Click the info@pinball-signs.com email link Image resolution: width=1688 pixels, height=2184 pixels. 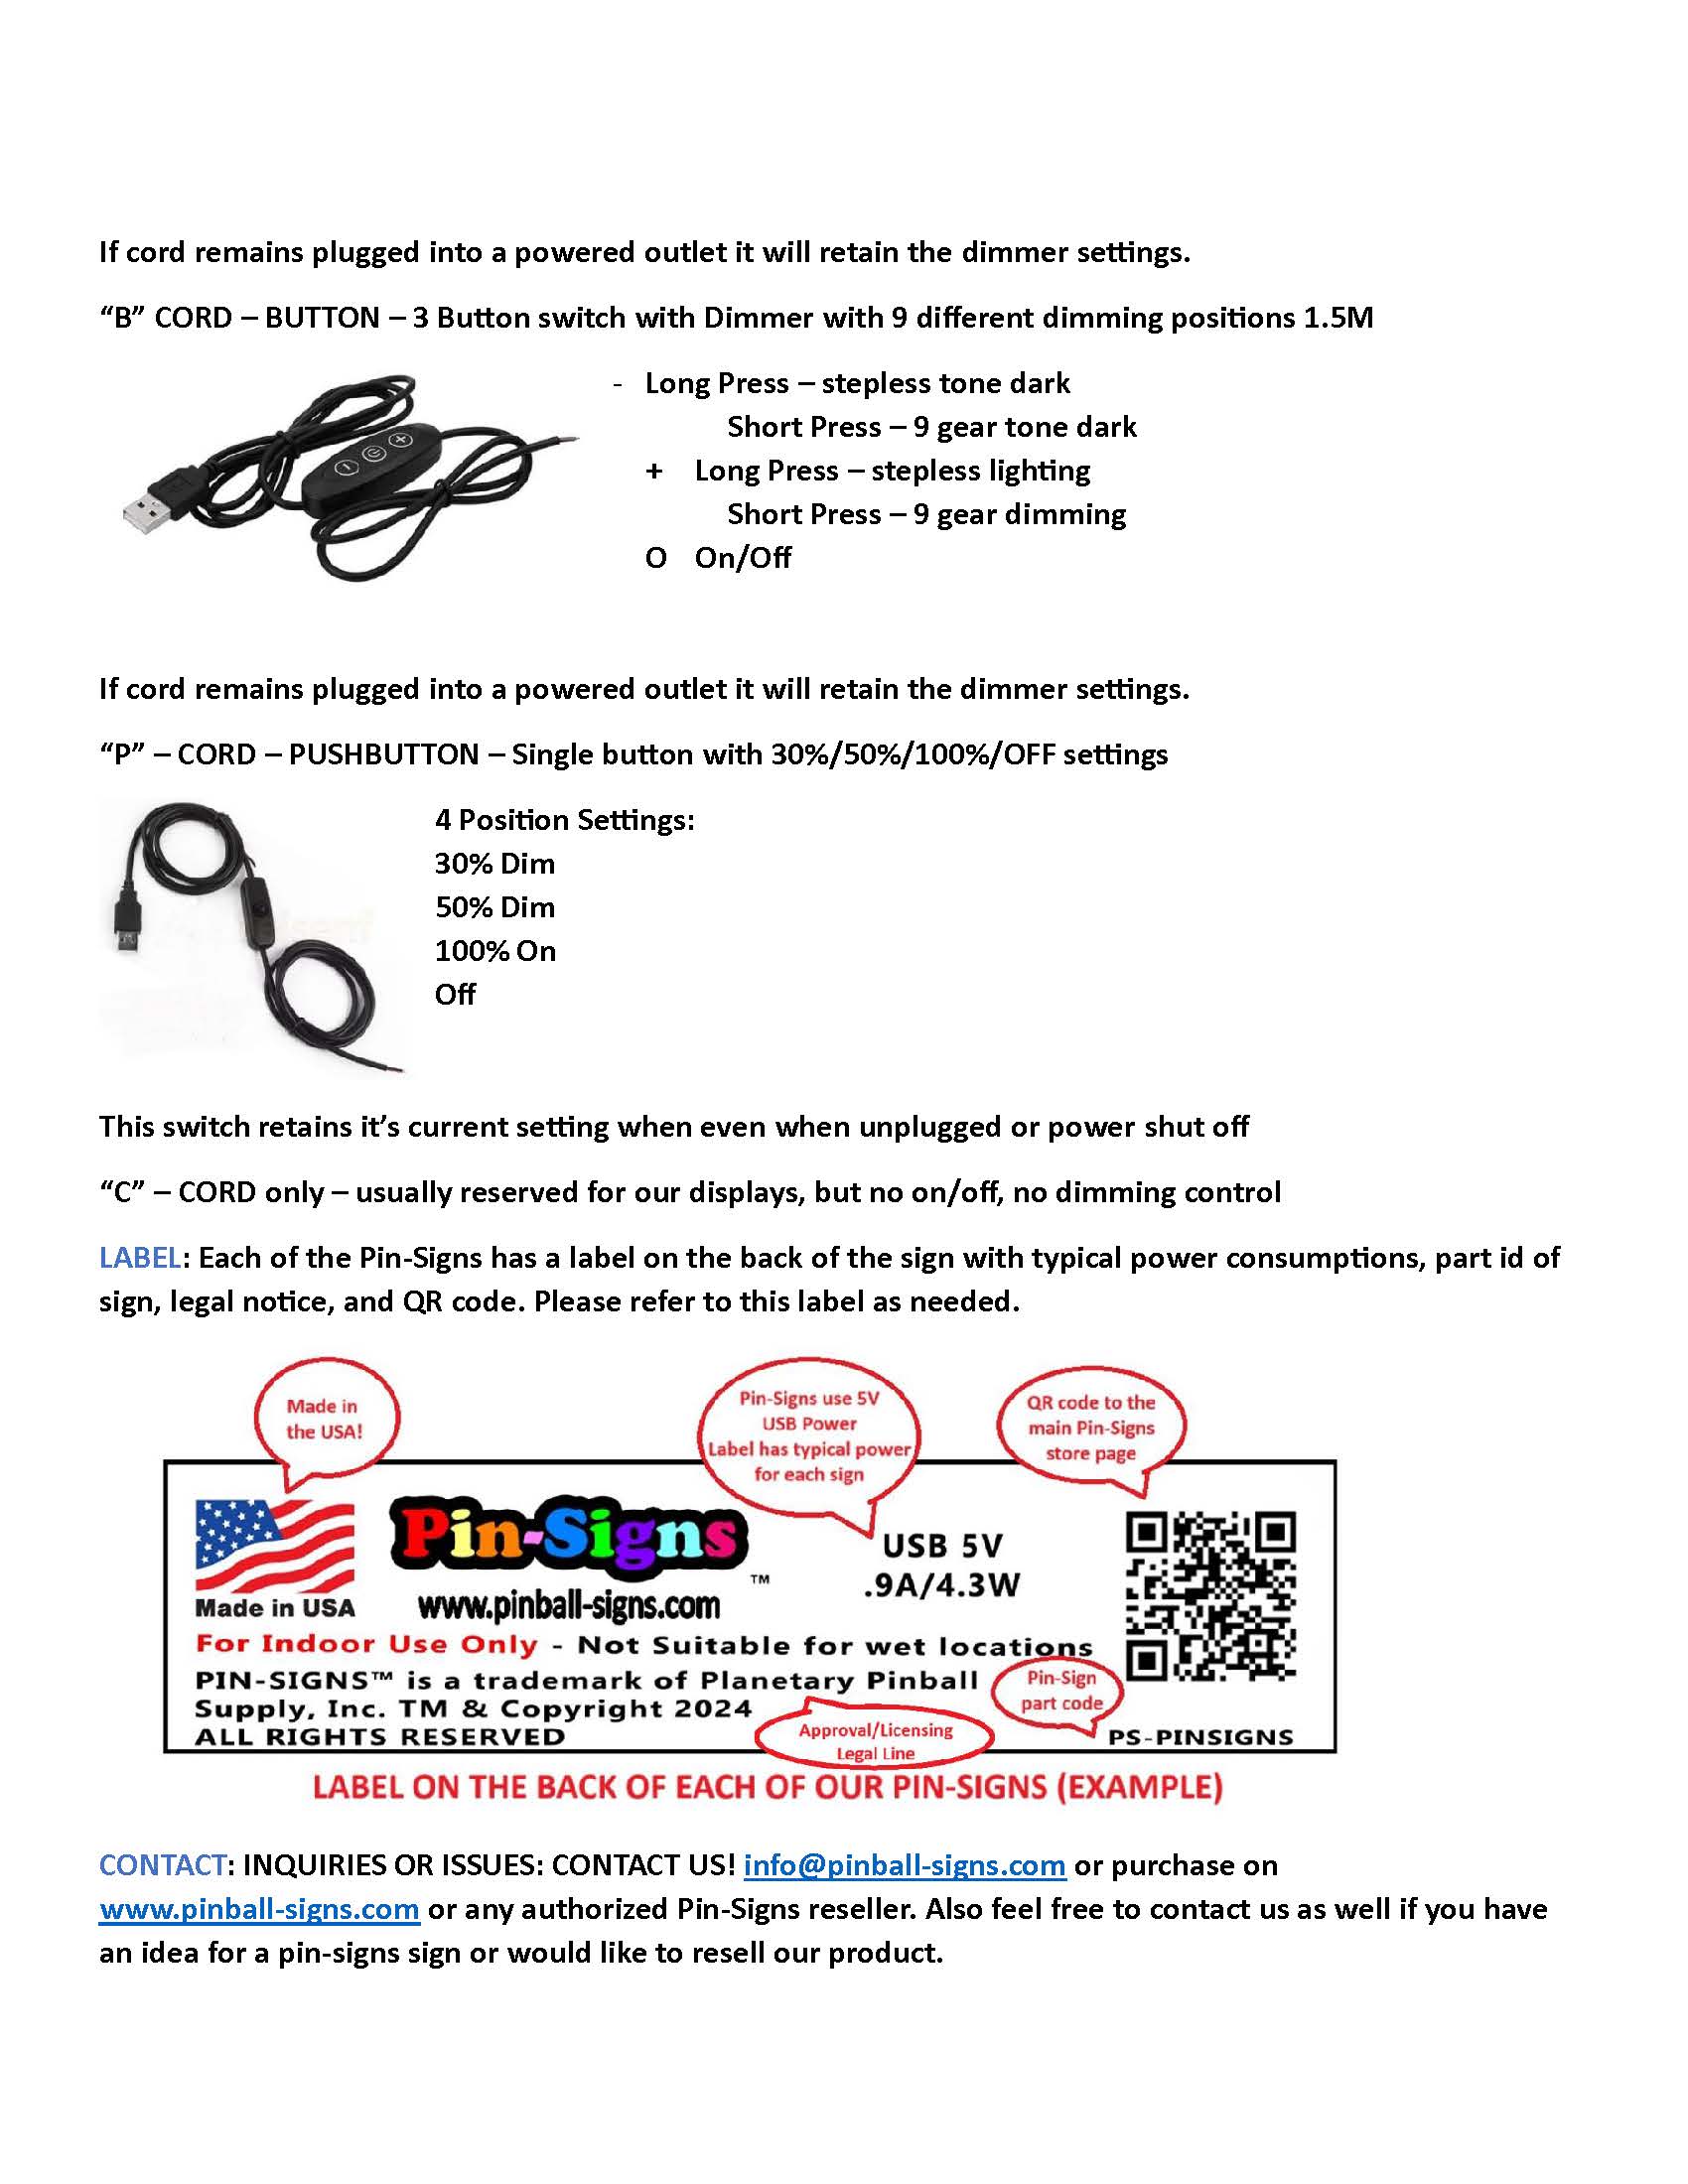pyautogui.click(x=904, y=1865)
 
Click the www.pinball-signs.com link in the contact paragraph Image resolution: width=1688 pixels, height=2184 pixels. pyautogui.click(x=259, y=1909)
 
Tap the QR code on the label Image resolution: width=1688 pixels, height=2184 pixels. pyautogui.click(x=1210, y=1595)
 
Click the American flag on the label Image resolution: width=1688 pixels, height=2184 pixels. pyautogui.click(x=274, y=1546)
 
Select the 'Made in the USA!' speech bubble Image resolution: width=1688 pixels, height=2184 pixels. pyautogui.click(x=324, y=1419)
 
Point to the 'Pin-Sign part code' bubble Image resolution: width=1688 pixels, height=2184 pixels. pyautogui.click(x=1061, y=1690)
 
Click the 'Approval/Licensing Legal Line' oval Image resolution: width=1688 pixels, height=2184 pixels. pyautogui.click(x=875, y=1741)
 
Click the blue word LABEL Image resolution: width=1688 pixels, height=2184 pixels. pyautogui.click(x=140, y=1258)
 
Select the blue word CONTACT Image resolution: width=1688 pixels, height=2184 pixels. pyautogui.click(x=162, y=1865)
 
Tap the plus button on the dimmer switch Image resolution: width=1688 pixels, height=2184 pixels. pyautogui.click(x=401, y=440)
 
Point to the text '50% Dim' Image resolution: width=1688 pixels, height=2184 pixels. pyautogui.click(x=494, y=907)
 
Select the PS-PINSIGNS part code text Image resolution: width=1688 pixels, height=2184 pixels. pyautogui.click(x=1200, y=1737)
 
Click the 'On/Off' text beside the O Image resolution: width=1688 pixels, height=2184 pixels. pyautogui.click(x=742, y=558)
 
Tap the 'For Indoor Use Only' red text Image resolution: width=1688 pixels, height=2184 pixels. pyautogui.click(x=366, y=1645)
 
